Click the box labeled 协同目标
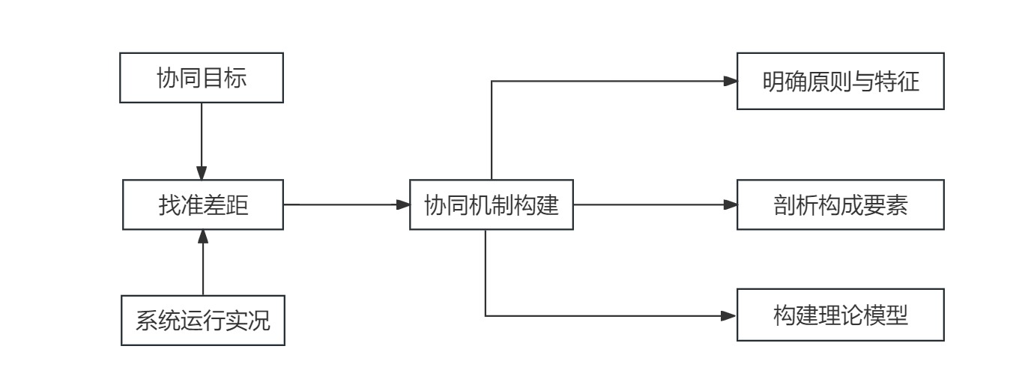coord(202,77)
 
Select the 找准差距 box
coord(203,204)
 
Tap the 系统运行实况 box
coord(203,320)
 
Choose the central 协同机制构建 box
coord(492,204)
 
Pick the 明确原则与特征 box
coord(840,81)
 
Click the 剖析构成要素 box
coord(840,204)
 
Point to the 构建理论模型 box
coord(840,316)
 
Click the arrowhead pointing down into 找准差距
coord(202,173)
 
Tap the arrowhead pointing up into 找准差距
coord(203,236)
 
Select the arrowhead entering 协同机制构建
coord(402,204)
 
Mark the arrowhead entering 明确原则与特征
coord(731,81)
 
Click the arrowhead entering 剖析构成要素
coord(731,204)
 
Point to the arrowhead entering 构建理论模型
coord(731,316)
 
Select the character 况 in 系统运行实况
coord(258,321)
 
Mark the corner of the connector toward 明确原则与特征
coord(491,81)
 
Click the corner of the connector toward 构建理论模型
coord(486,316)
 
